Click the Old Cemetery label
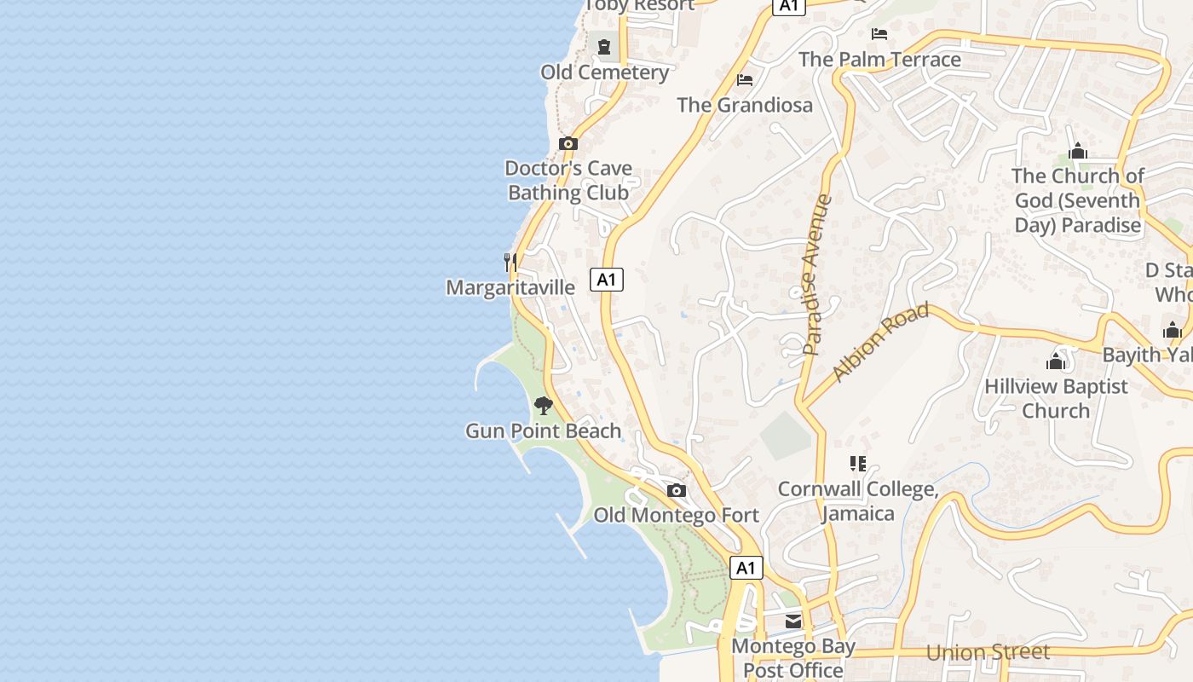[x=605, y=72]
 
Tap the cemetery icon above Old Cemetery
[x=604, y=47]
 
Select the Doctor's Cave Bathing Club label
[x=568, y=180]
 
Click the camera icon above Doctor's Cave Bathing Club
[x=568, y=143]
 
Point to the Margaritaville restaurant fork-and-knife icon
[x=510, y=262]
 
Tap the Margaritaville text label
[x=510, y=287]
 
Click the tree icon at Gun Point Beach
[x=544, y=406]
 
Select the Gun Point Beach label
[x=543, y=431]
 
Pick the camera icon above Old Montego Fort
[x=677, y=490]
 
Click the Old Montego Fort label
[x=676, y=515]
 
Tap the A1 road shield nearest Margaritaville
[x=606, y=279]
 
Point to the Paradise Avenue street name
[x=816, y=275]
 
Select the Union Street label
[x=988, y=653]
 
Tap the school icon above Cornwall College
[x=858, y=464]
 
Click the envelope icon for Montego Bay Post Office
[x=793, y=621]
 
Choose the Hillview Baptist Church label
[x=1056, y=398]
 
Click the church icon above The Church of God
[x=1078, y=151]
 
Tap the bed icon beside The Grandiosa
[x=745, y=80]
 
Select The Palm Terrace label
[x=879, y=60]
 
